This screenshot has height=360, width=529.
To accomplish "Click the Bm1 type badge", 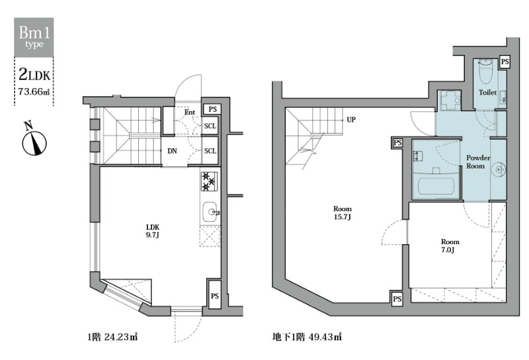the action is [x=34, y=37].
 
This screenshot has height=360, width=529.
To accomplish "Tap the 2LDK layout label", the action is [x=34, y=74].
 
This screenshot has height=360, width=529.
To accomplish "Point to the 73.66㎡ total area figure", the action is [x=34, y=91].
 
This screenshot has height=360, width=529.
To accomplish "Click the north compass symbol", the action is [x=34, y=142].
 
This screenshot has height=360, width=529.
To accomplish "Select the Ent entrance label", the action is [x=189, y=112].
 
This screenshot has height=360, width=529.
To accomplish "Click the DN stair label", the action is [x=172, y=151].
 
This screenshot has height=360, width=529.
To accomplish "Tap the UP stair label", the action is [x=351, y=120].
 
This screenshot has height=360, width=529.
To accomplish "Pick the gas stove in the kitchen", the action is [x=209, y=181].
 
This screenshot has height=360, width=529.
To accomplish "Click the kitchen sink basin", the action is [x=210, y=212].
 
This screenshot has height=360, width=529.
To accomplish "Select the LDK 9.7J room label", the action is [x=153, y=231].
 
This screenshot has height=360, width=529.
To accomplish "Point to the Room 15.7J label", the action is [x=343, y=213].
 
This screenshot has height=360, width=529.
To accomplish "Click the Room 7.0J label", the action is [x=450, y=246].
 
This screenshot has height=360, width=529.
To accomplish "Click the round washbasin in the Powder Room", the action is [x=499, y=169].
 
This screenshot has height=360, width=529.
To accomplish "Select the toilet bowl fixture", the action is [x=485, y=73].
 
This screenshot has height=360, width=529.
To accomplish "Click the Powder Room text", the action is [x=478, y=161].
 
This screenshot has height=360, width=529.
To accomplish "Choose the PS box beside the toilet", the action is [x=505, y=62].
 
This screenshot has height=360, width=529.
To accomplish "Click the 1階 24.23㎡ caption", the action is [x=112, y=337].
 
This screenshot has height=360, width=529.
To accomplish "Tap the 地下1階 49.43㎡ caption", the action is [x=307, y=337].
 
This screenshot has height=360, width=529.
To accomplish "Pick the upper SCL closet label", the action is [x=210, y=126].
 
